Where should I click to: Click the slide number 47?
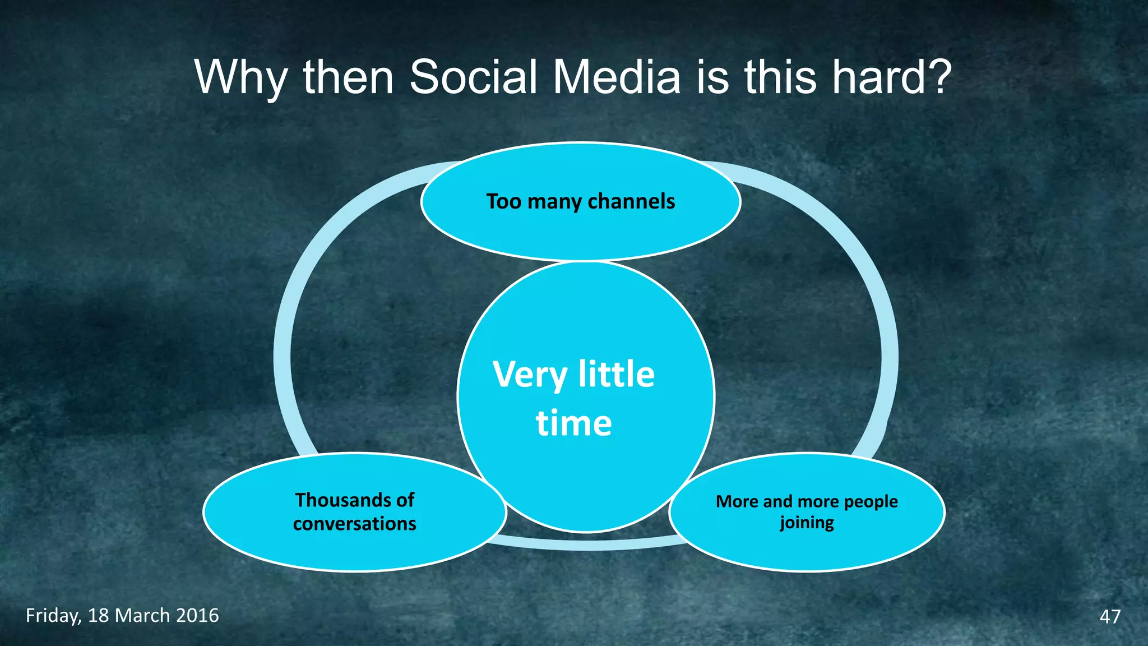point(1110,616)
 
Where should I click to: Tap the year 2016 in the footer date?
point(197,616)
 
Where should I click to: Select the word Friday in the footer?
point(54,616)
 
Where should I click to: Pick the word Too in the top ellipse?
point(503,201)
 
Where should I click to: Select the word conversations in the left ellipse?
point(354,524)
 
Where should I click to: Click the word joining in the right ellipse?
point(807,523)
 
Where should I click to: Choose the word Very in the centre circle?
point(530,375)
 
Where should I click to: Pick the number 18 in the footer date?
point(99,616)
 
